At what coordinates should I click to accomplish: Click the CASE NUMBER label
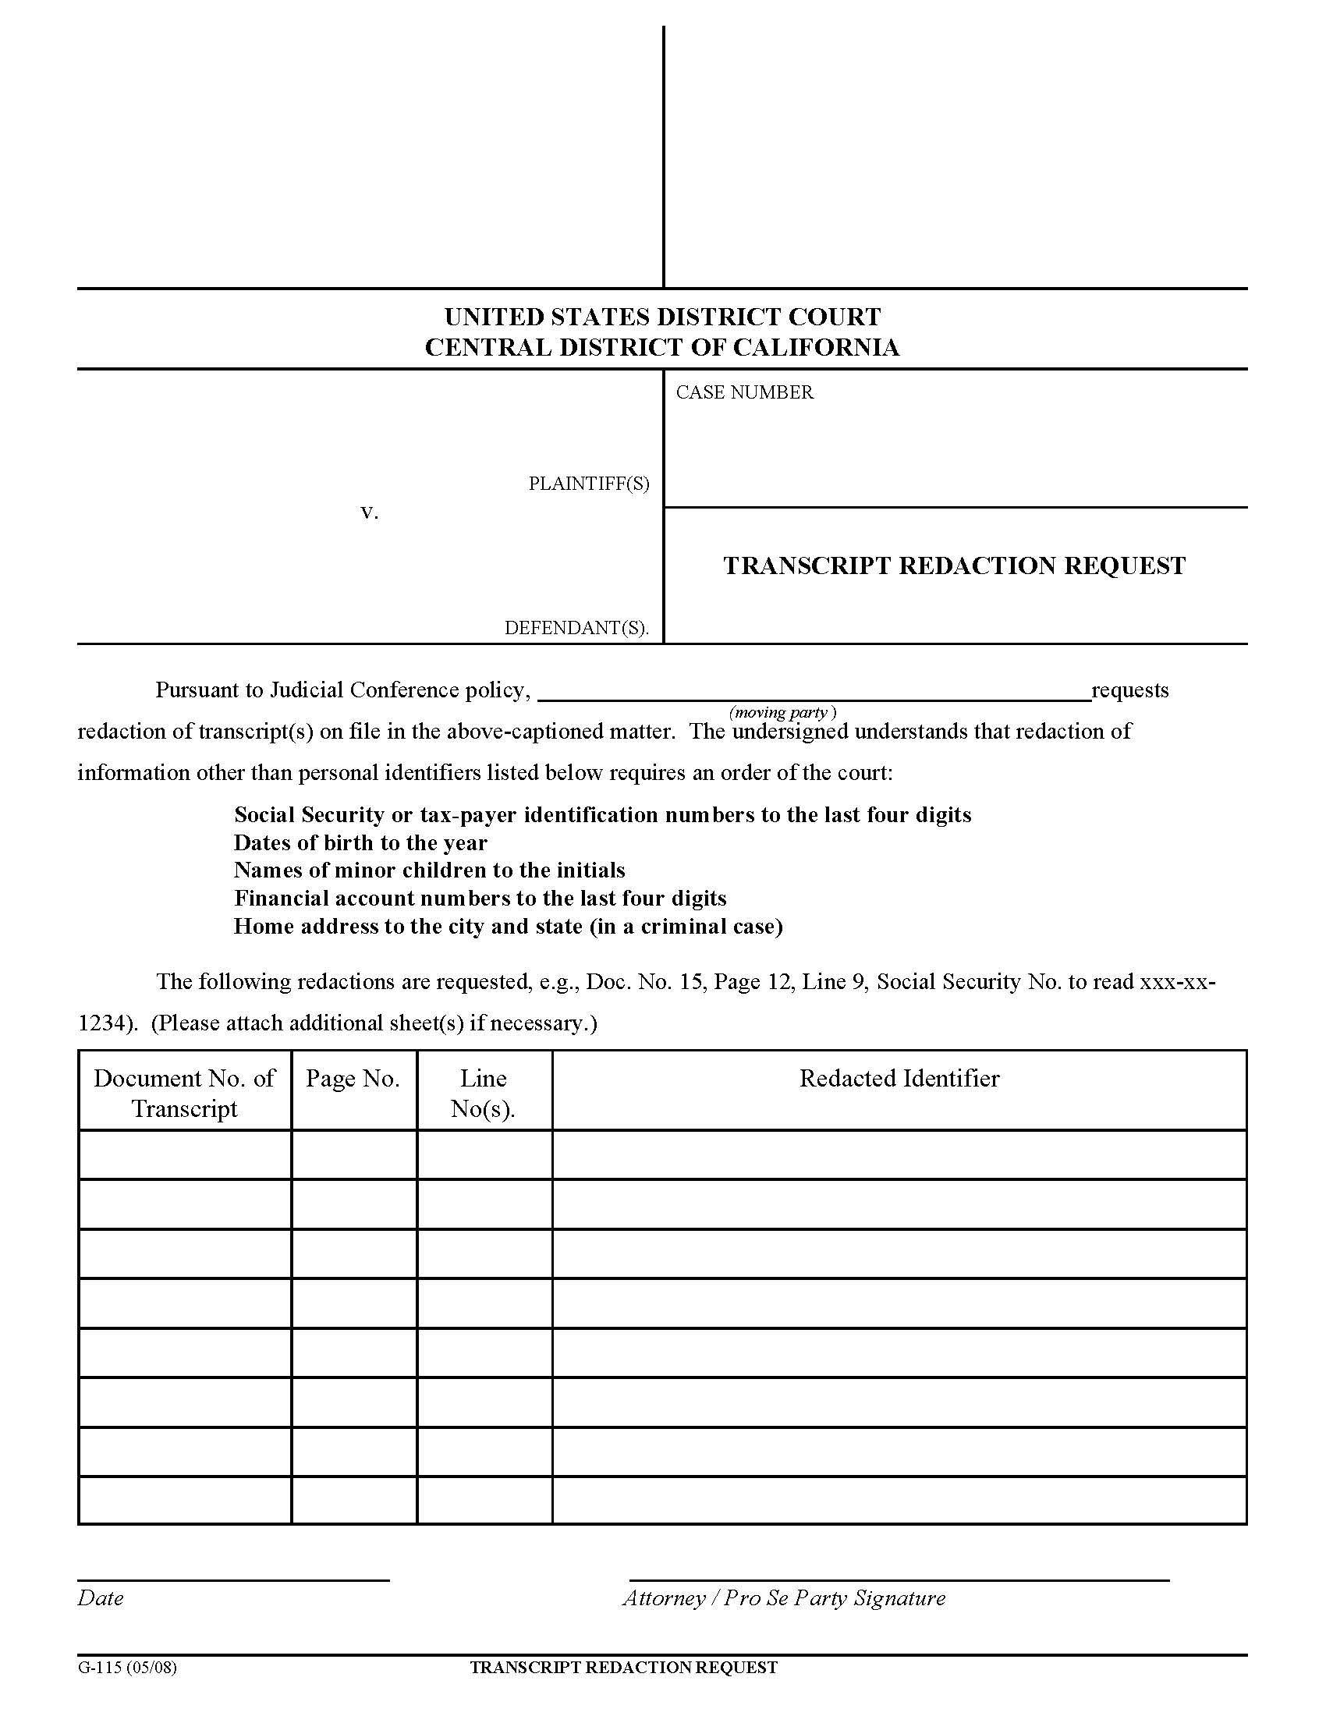744,392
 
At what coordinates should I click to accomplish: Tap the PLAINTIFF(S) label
588,484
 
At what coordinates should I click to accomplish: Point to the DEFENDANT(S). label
576,628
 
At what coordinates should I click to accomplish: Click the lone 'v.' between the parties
369,512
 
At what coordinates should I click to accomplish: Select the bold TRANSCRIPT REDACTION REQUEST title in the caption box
954,565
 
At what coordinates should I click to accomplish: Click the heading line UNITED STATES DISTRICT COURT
662,317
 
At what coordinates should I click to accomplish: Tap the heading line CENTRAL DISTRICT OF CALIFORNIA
662,347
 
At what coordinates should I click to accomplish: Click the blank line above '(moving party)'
814,697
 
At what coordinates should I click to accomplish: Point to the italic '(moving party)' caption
782,713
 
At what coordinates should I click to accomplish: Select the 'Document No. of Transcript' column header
185,1093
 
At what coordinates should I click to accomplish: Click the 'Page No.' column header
353,1079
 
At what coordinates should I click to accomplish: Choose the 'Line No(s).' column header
483,1093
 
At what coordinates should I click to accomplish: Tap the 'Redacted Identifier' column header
899,1079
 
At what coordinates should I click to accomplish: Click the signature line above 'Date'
232,1579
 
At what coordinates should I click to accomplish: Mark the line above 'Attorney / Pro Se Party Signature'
899,1579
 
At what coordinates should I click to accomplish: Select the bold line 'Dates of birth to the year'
360,843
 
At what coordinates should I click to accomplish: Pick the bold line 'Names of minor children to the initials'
430,870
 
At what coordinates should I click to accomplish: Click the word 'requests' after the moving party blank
1129,690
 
